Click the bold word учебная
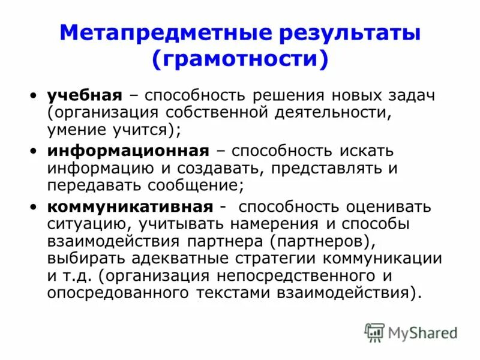(x=85, y=95)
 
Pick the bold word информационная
(x=128, y=151)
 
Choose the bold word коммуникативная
(x=130, y=207)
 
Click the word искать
(x=367, y=151)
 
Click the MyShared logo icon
(x=374, y=332)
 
